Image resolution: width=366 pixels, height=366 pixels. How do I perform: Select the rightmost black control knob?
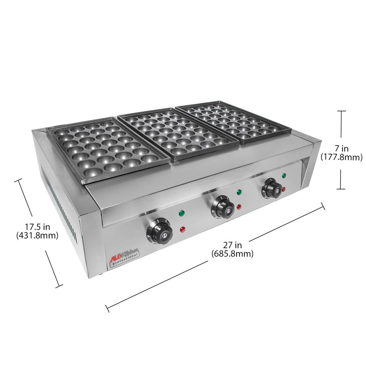(x=273, y=188)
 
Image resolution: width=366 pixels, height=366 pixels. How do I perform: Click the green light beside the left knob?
(x=182, y=213)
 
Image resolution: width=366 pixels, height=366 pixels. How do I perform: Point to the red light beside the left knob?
(x=182, y=229)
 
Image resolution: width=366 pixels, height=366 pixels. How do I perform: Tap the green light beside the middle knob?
(x=239, y=192)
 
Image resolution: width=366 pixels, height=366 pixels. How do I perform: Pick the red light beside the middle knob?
(x=239, y=207)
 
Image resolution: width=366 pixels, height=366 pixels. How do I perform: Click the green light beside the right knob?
(x=284, y=175)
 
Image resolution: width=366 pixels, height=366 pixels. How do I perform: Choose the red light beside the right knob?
(x=284, y=189)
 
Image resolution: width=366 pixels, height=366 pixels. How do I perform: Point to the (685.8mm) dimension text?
(x=232, y=253)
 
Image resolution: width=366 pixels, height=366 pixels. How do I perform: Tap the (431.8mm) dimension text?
(x=37, y=236)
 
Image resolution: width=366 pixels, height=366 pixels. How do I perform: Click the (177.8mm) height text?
(x=341, y=157)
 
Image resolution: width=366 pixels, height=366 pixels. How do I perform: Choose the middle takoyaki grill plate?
(x=178, y=133)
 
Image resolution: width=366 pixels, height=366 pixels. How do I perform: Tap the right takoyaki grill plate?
(x=234, y=121)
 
